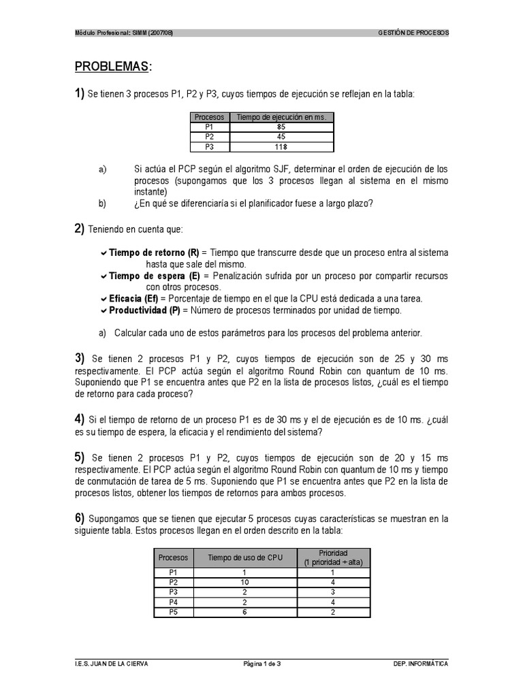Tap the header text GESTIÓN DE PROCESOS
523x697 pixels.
(x=413, y=33)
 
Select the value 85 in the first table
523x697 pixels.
(x=281, y=127)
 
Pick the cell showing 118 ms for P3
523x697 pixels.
(x=281, y=146)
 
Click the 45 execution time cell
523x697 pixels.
(x=281, y=136)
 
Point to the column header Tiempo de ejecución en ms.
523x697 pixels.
(x=281, y=117)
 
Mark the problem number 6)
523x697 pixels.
(x=80, y=519)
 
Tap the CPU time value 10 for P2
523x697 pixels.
(x=244, y=583)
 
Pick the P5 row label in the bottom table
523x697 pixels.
(x=172, y=612)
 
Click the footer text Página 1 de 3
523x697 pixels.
(x=261, y=664)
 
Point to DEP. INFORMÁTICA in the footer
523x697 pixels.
(x=421, y=664)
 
